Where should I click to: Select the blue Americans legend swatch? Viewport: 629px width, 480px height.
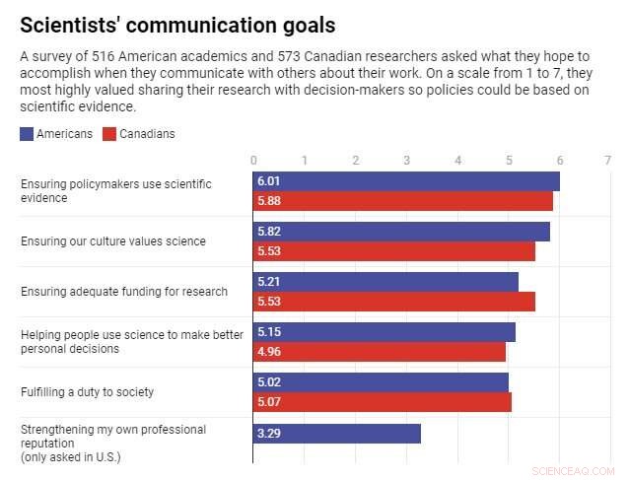pyautogui.click(x=27, y=134)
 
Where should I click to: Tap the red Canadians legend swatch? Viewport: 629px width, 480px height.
pyautogui.click(x=109, y=134)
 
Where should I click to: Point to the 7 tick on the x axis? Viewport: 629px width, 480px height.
pyautogui.click(x=608, y=160)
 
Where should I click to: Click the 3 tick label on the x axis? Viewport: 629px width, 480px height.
pyautogui.click(x=406, y=160)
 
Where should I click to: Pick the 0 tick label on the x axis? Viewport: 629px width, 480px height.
pyautogui.click(x=253, y=160)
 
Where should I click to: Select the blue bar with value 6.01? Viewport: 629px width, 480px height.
pyautogui.click(x=406, y=181)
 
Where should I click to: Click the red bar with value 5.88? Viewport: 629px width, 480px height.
pyautogui.click(x=402, y=201)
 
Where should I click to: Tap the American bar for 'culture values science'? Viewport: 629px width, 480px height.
pyautogui.click(x=401, y=232)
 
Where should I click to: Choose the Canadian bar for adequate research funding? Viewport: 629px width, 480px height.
pyautogui.click(x=394, y=302)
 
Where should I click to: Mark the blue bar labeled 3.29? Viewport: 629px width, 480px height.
pyautogui.click(x=337, y=434)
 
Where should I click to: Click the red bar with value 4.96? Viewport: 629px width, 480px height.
pyautogui.click(x=380, y=352)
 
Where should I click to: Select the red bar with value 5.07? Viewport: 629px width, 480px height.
pyautogui.click(x=383, y=402)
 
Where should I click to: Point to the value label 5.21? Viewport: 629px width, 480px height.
pyautogui.click(x=268, y=282)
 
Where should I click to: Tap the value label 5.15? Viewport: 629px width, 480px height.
pyautogui.click(x=268, y=332)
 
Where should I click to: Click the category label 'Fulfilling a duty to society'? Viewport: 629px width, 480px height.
pyautogui.click(x=88, y=392)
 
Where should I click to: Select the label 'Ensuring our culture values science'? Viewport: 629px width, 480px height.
pyautogui.click(x=113, y=241)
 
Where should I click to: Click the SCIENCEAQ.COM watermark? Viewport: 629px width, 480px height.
pyautogui.click(x=573, y=470)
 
